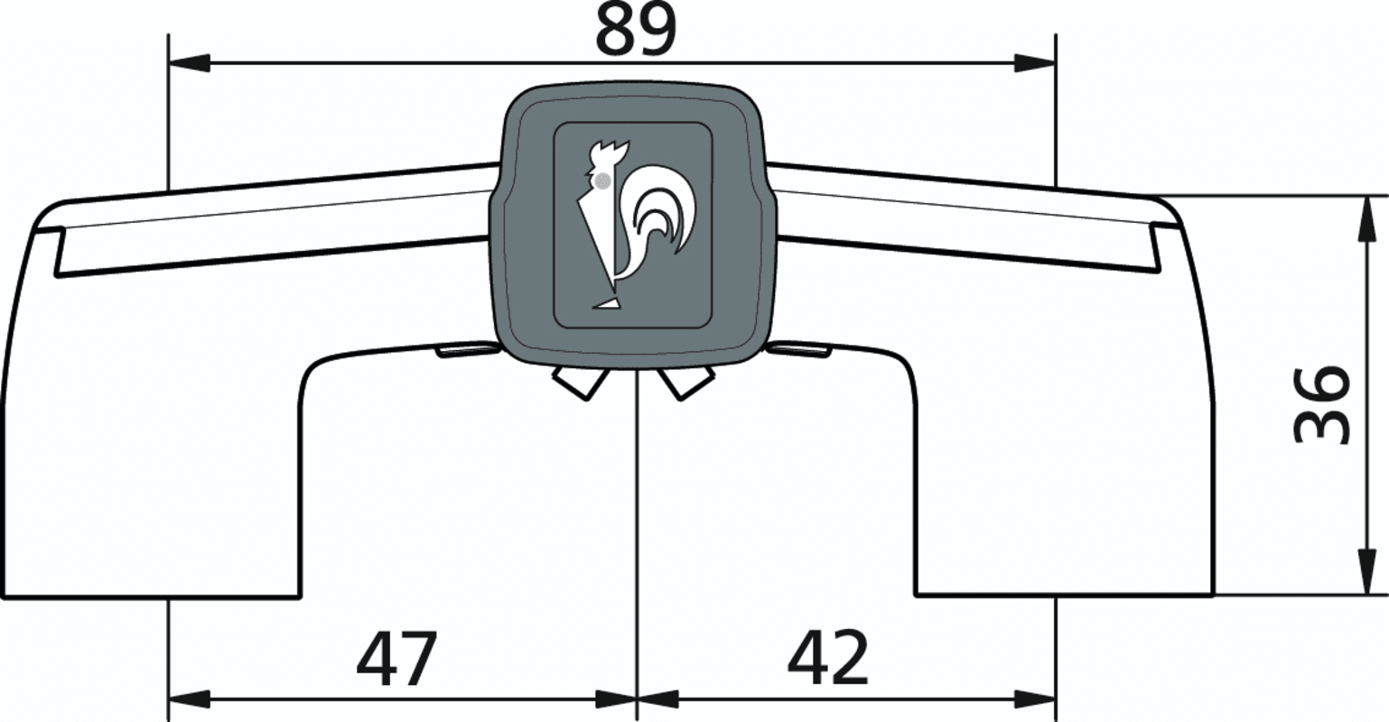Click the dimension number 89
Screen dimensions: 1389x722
click(636, 30)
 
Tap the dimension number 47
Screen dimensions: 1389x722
click(396, 658)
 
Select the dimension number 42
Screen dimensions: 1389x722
click(827, 658)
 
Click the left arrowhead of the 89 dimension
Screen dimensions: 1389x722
click(189, 62)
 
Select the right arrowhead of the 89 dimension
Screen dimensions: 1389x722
click(1034, 62)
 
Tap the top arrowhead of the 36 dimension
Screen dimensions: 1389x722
click(1366, 217)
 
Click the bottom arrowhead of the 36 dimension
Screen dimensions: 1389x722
click(1366, 573)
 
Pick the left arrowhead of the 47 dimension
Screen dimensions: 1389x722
click(189, 700)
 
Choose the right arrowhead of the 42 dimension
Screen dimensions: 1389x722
click(1034, 700)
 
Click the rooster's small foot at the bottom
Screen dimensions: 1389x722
click(607, 303)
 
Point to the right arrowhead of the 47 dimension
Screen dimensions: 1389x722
click(616, 700)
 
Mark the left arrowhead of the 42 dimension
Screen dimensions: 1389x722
click(657, 700)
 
